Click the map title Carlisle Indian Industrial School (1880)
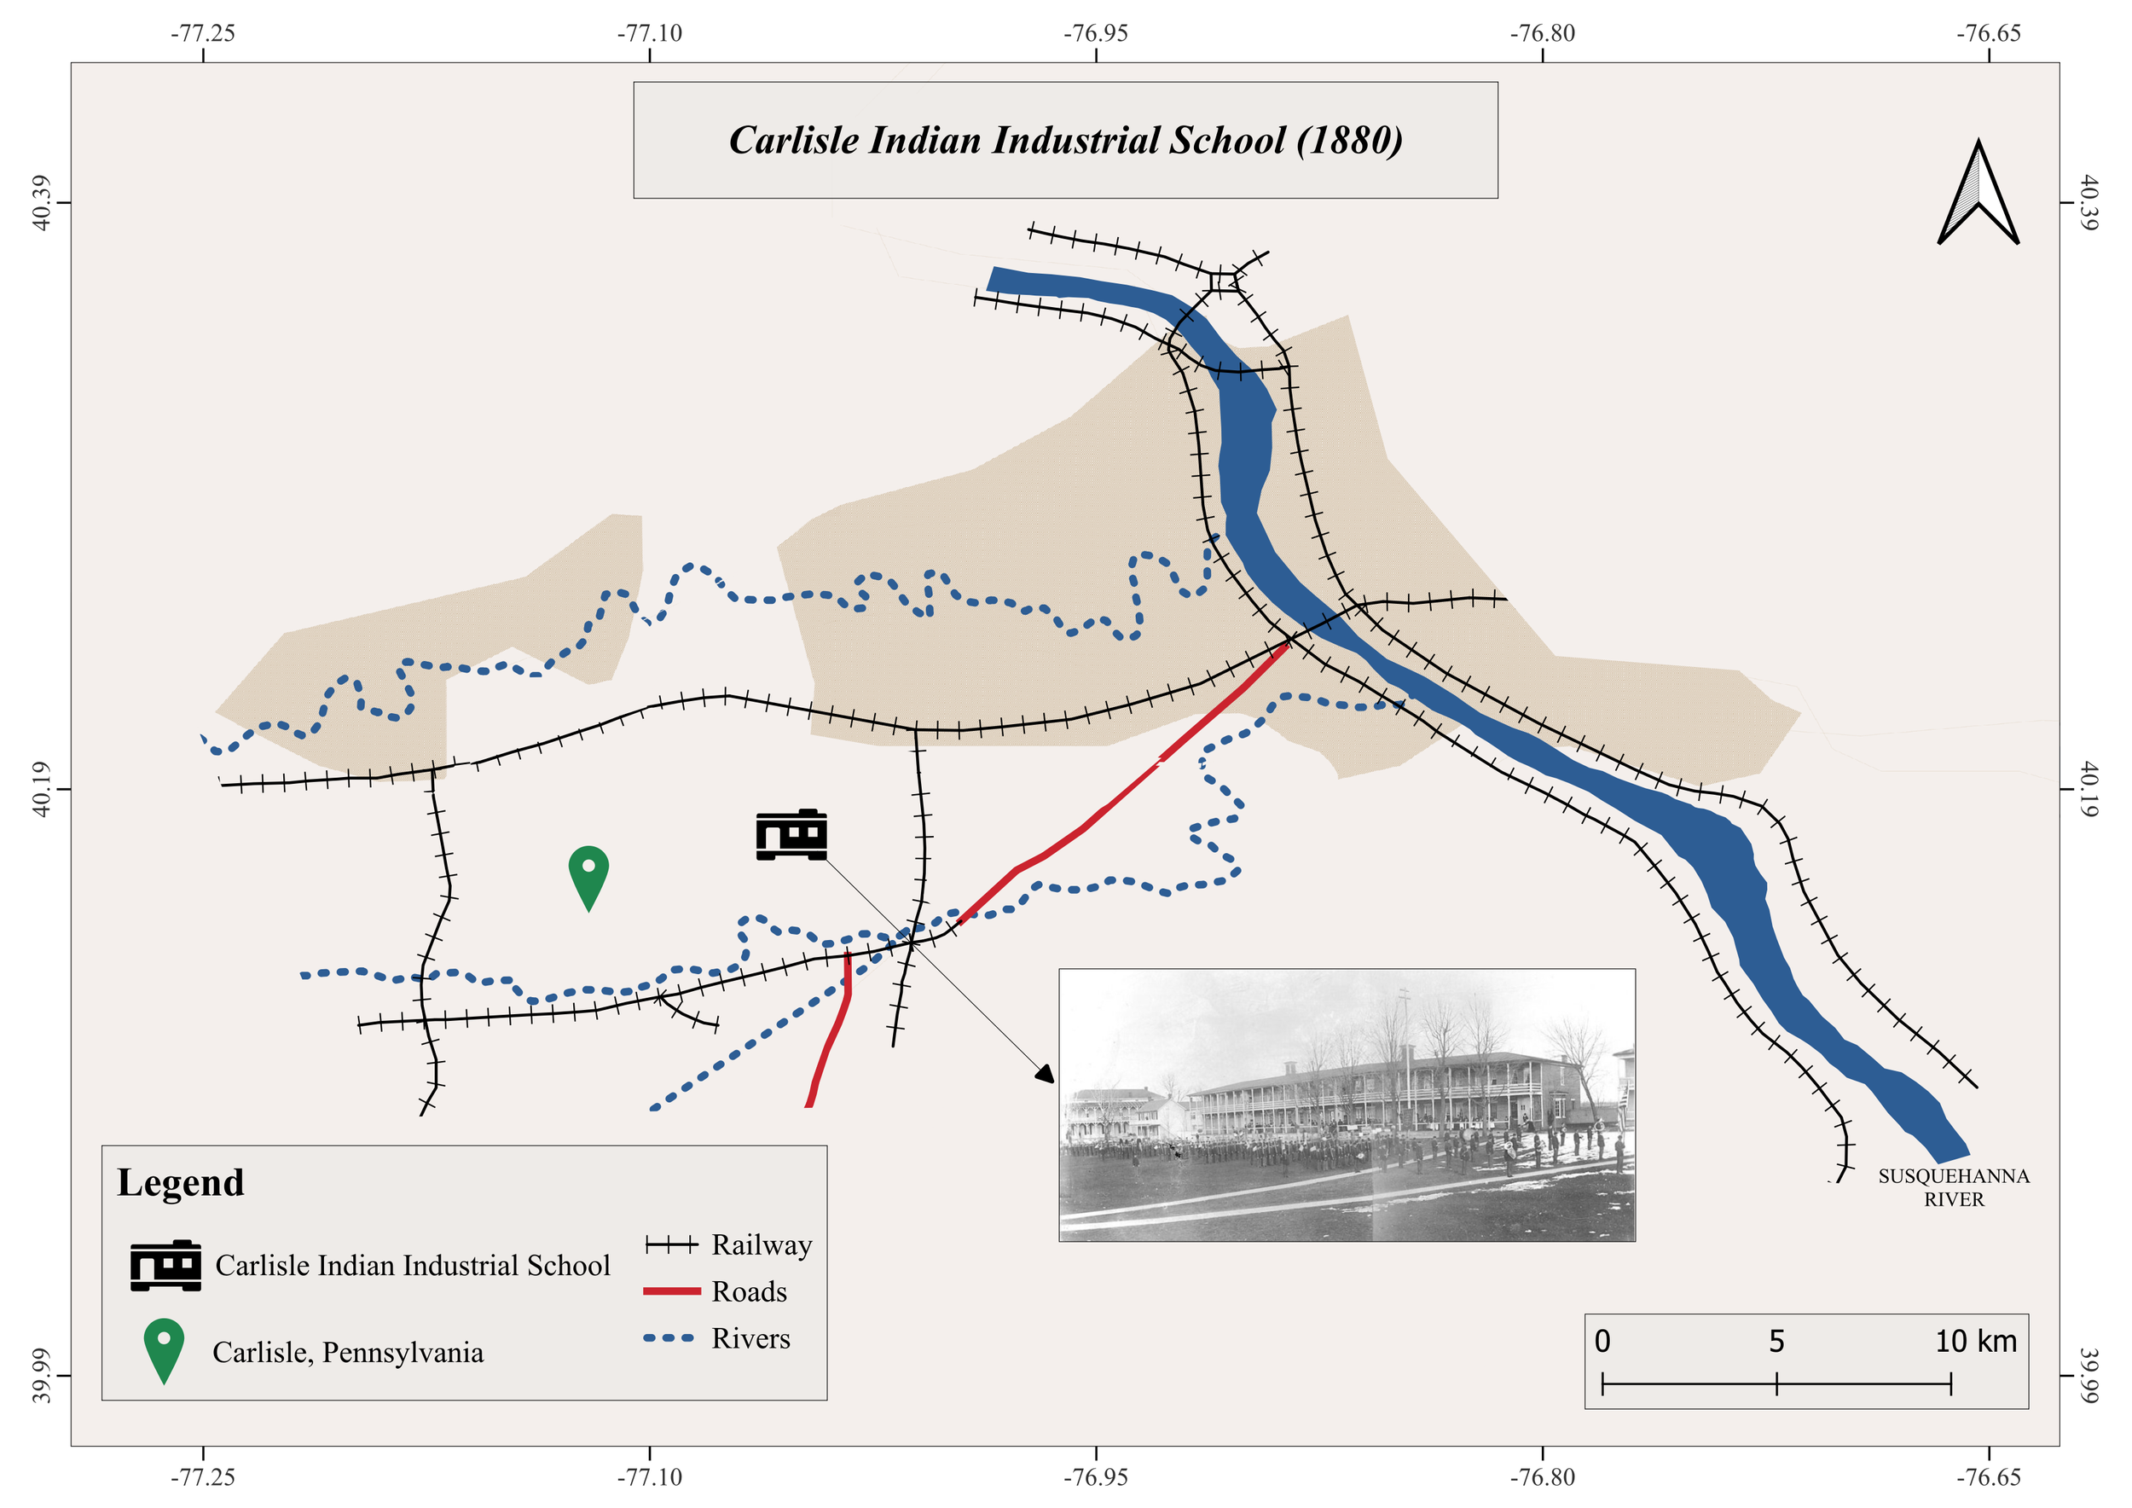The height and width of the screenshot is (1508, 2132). point(1065,140)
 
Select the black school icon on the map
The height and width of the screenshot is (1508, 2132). point(791,834)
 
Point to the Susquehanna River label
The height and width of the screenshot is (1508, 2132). point(1954,1186)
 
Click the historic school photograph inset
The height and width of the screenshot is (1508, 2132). point(1347,1105)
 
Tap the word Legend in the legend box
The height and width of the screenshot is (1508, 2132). point(181,1182)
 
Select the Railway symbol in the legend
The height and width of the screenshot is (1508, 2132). point(671,1245)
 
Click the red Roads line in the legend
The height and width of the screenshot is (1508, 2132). point(671,1291)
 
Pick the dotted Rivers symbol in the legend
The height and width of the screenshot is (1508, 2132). point(669,1338)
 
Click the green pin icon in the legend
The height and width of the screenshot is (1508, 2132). point(164,1348)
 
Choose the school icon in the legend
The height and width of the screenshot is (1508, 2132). point(165,1265)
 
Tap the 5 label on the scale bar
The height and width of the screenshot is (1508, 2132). point(1776,1342)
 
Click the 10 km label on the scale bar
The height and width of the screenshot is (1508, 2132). point(1975,1342)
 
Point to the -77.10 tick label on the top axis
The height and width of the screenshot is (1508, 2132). point(650,33)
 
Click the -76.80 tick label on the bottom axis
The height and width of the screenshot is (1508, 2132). point(1543,1476)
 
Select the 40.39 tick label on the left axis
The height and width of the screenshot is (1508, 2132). point(42,202)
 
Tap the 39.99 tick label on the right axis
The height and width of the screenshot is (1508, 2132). point(2089,1375)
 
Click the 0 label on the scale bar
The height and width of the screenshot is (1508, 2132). point(1602,1342)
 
